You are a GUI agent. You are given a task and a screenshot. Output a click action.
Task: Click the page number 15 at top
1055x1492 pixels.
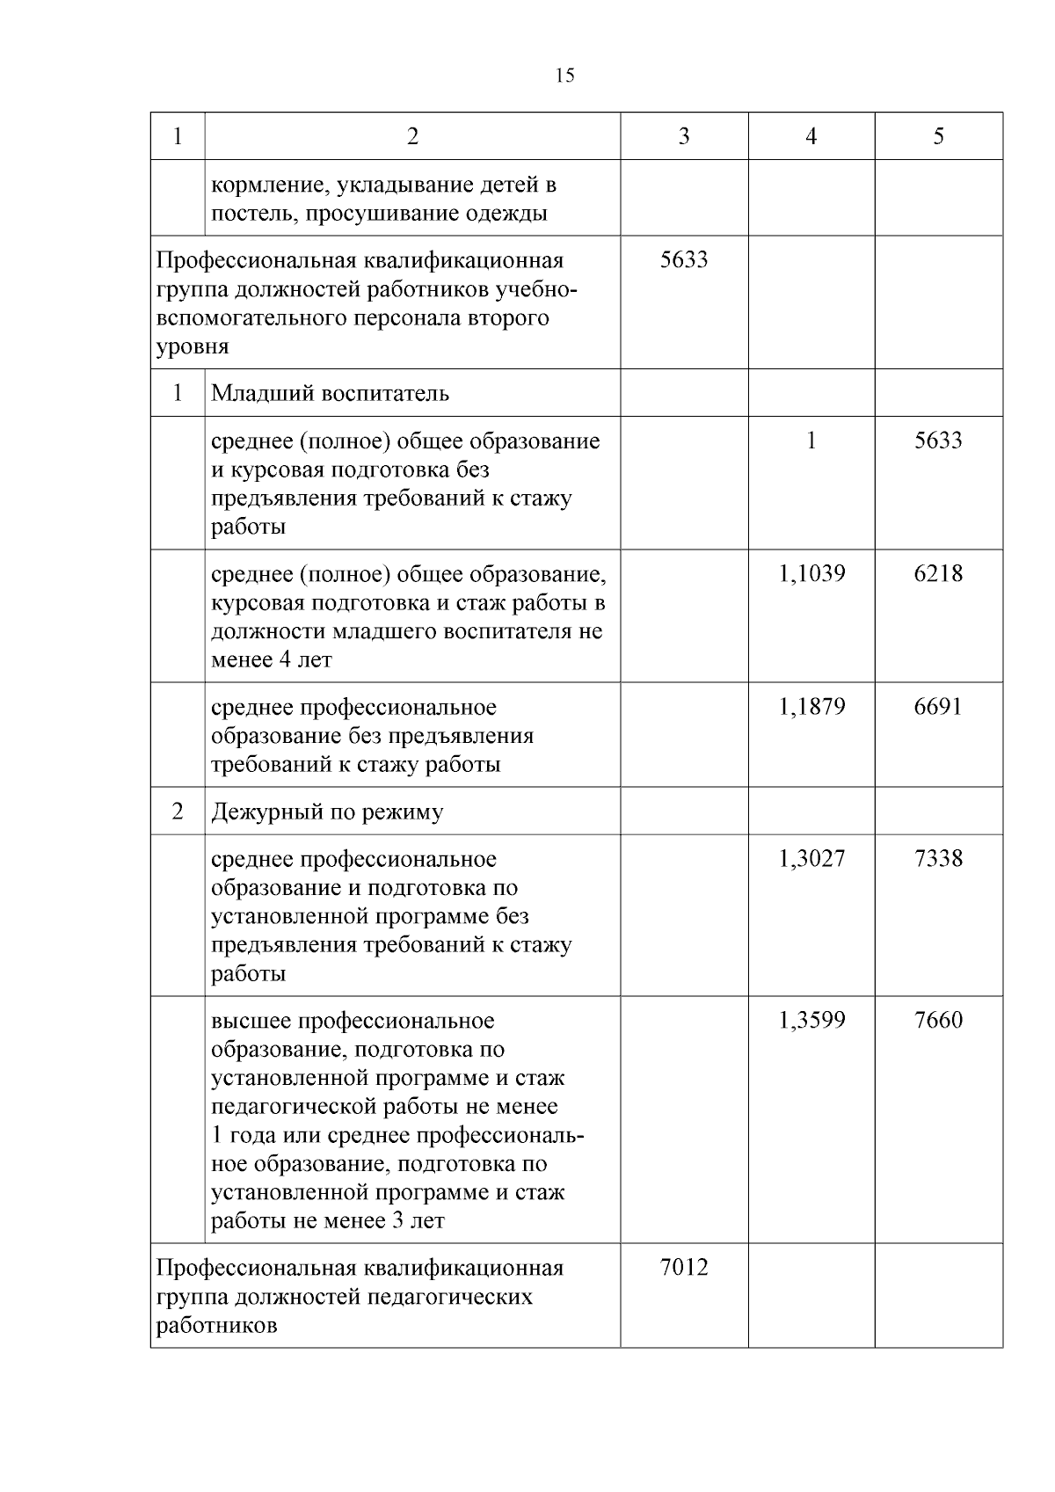point(565,76)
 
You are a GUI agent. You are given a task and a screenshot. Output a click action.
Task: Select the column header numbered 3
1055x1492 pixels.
point(684,136)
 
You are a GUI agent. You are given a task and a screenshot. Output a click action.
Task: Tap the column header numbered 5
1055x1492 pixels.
point(938,136)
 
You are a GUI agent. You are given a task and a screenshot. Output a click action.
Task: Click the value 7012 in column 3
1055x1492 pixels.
point(684,1268)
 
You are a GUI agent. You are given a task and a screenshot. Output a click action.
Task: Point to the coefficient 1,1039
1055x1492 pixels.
point(811,574)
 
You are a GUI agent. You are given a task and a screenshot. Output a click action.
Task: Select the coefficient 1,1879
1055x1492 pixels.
point(811,708)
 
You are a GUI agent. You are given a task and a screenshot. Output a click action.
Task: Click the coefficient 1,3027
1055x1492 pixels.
point(811,859)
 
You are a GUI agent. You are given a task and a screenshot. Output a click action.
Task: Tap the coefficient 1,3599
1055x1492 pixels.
point(811,1021)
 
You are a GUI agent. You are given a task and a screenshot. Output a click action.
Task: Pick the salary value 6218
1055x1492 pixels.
point(938,574)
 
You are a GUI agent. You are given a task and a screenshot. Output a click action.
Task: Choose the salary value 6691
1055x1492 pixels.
point(938,708)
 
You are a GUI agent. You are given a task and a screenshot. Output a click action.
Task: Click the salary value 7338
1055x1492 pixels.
point(938,859)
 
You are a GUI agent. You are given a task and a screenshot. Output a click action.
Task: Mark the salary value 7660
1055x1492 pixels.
point(938,1021)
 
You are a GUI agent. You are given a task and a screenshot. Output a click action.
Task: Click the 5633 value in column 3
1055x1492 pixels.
point(684,260)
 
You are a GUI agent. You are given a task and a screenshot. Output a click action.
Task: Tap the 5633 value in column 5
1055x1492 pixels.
point(938,440)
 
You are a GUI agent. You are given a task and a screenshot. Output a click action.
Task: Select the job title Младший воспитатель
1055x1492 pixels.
point(330,393)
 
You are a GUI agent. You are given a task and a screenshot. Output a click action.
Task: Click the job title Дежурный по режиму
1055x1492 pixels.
point(327,812)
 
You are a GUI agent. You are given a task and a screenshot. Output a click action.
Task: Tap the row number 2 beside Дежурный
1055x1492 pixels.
point(178,812)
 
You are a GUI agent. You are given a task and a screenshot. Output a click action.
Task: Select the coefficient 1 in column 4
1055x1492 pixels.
point(811,440)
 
